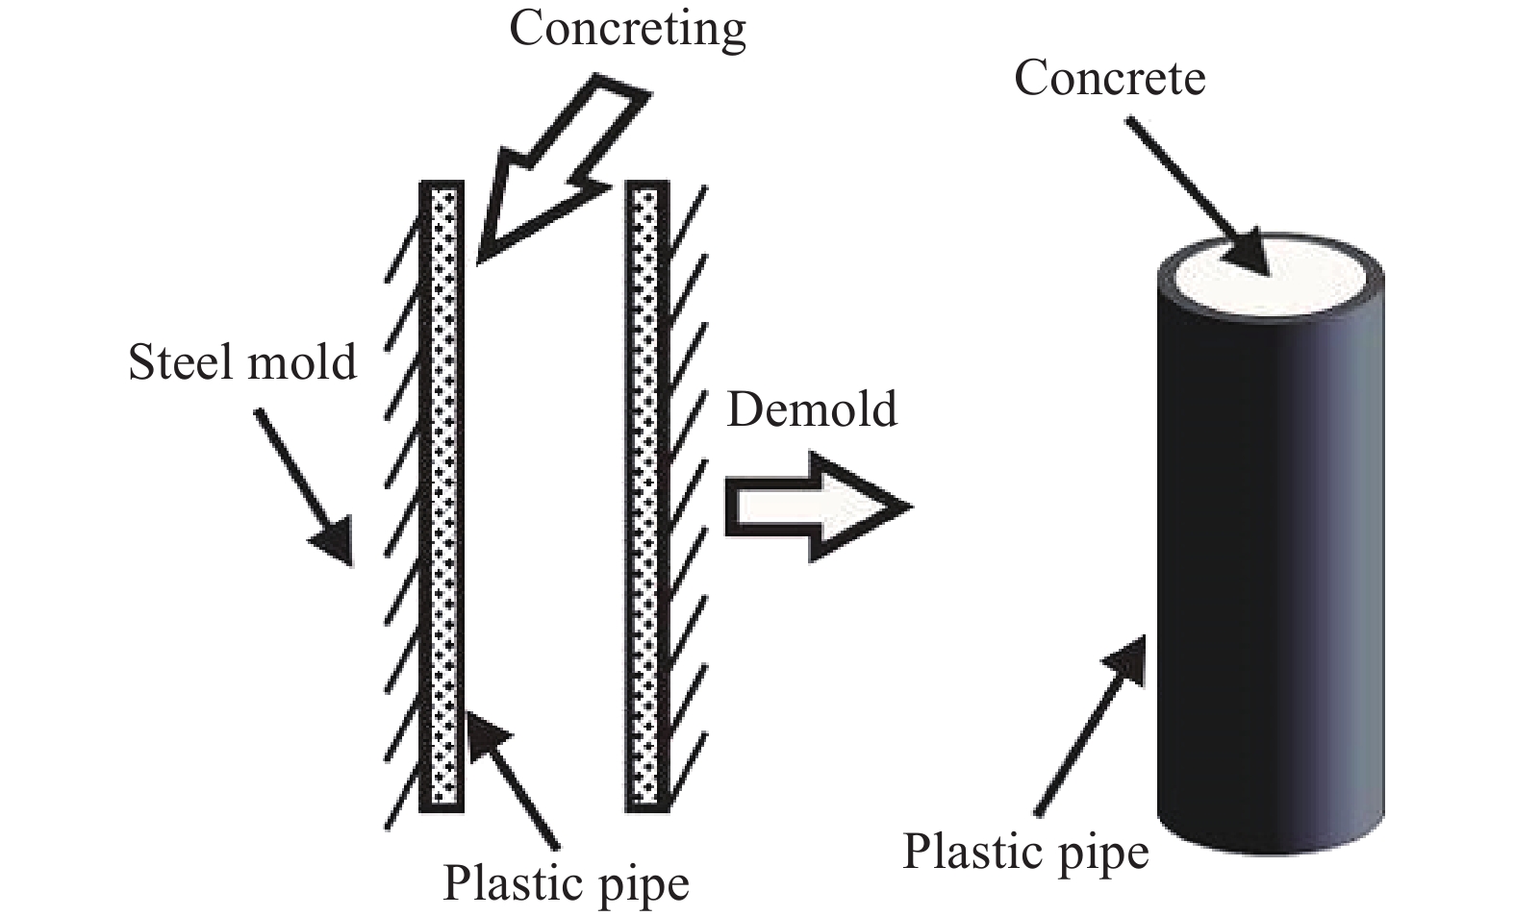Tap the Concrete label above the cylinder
(1110, 78)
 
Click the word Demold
(812, 409)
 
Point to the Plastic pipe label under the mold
(566, 884)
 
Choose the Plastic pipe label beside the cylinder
(1026, 853)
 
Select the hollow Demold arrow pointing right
(819, 507)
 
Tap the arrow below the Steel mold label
(304, 486)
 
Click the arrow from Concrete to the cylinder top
(1198, 197)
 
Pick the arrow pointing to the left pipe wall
(512, 780)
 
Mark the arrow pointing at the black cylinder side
(1090, 726)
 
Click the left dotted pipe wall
(442, 496)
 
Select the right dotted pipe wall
(647, 496)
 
